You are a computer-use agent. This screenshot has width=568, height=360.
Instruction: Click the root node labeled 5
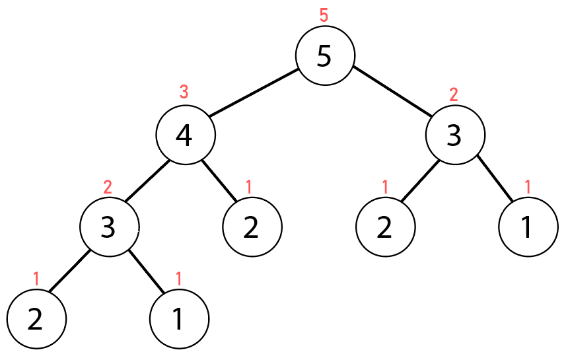tap(324, 55)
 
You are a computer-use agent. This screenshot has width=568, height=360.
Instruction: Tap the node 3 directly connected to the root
tap(455, 135)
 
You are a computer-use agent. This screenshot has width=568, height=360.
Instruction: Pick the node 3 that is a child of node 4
tap(109, 227)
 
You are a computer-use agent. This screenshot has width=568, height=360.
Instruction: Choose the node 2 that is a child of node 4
tap(252, 227)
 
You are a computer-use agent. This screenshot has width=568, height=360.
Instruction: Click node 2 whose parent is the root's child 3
tap(385, 227)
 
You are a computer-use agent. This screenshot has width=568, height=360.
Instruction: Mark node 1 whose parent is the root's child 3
tap(528, 227)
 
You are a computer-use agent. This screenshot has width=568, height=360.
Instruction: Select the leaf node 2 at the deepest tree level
tap(37, 318)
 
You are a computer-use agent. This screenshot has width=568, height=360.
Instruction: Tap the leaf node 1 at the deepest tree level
tap(179, 318)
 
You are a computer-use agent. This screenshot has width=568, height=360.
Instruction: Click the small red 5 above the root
tap(324, 15)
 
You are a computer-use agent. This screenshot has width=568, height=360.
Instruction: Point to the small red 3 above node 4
tap(185, 92)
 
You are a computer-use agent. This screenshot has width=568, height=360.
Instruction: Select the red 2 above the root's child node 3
tap(454, 94)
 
